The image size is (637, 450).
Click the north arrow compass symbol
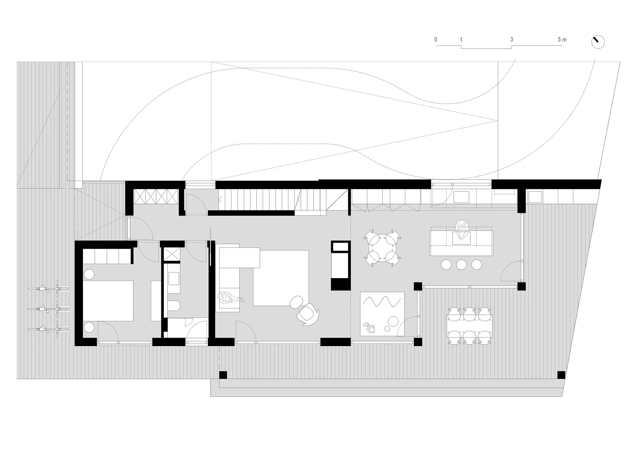click(598, 42)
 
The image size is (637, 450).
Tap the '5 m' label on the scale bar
click(562, 40)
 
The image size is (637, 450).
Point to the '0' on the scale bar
click(436, 40)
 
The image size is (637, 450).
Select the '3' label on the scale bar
click(512, 40)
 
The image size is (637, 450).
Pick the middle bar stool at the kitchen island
click(461, 265)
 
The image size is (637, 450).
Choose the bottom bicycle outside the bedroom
click(49, 329)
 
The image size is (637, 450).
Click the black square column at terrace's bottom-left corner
click(223, 375)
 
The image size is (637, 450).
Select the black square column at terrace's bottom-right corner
click(561, 374)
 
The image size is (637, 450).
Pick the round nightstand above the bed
click(89, 274)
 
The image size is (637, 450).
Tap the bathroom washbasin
click(174, 278)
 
